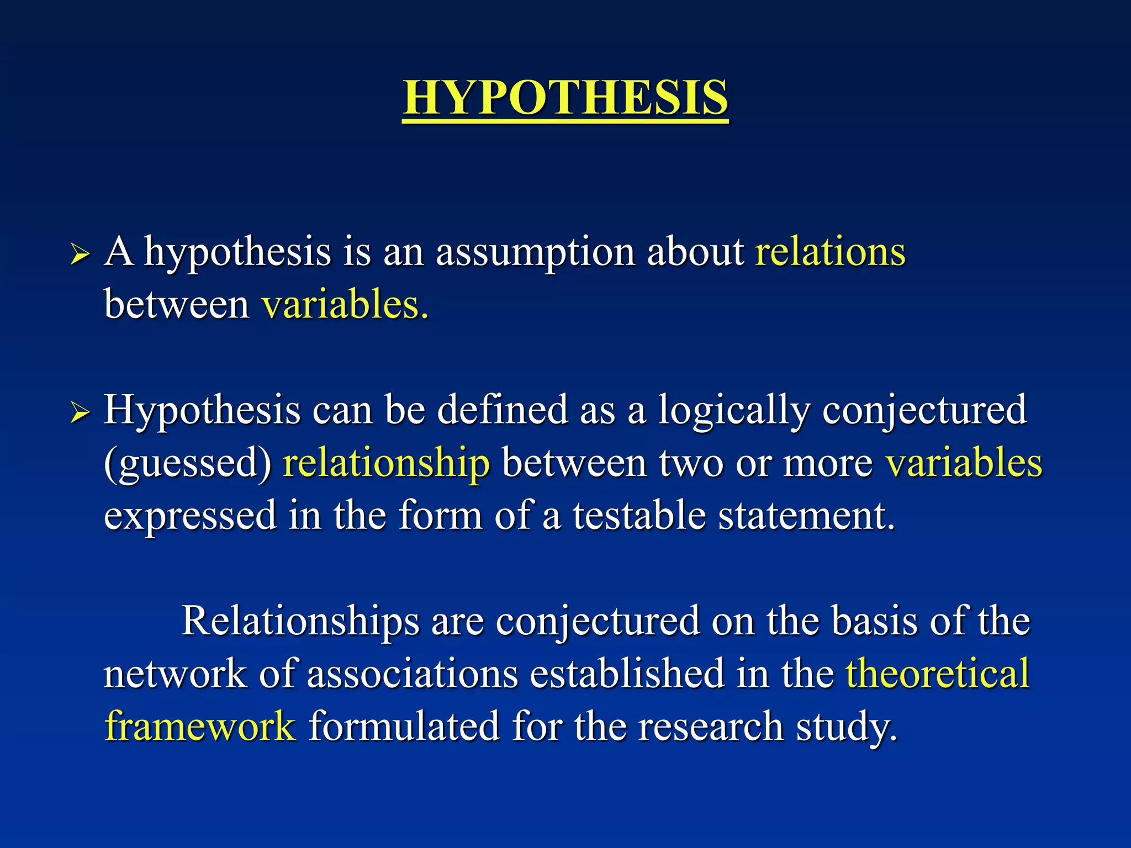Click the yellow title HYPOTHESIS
[x=565, y=97]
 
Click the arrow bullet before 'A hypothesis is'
[x=80, y=255]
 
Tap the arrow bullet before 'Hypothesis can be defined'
[x=80, y=412]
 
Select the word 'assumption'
[x=535, y=253]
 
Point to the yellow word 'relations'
[x=830, y=252]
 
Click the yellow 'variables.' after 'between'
[x=345, y=305]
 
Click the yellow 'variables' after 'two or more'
[x=964, y=463]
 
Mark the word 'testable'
[x=639, y=515]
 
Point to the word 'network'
[x=175, y=674]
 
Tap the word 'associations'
[x=413, y=674]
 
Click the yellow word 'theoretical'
[x=938, y=674]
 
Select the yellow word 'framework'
[x=200, y=726]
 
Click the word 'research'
[x=711, y=726]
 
